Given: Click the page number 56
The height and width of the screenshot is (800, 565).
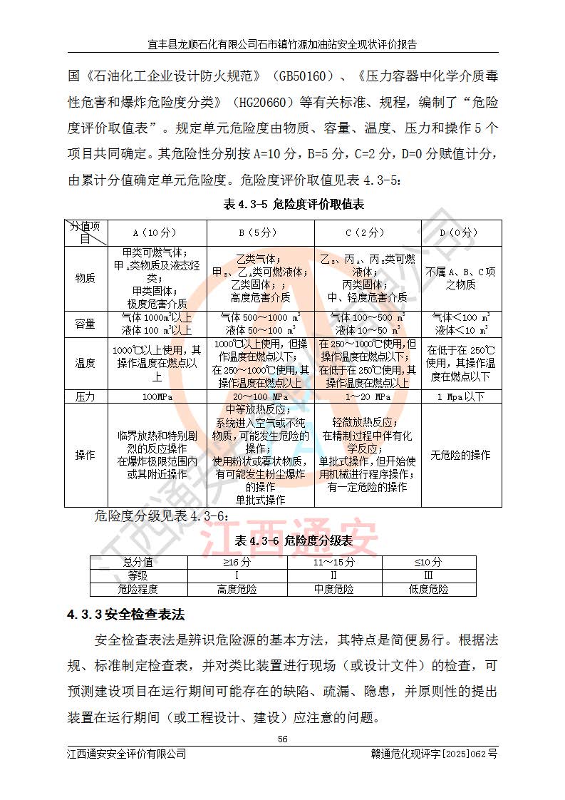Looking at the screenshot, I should click(x=282, y=739).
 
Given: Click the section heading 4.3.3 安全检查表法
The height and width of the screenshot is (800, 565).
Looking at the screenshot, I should click(x=125, y=613).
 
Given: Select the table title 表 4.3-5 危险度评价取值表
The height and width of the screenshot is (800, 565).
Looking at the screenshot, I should click(x=294, y=205).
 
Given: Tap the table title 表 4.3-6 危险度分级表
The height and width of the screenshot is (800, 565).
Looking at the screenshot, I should click(x=294, y=541).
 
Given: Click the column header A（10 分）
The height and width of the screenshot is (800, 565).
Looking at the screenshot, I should click(x=155, y=232).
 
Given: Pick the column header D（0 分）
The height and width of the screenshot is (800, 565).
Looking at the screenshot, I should click(x=460, y=232).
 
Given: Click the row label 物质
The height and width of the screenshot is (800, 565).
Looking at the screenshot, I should click(x=85, y=279).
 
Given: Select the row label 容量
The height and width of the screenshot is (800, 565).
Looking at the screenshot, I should click(x=85, y=324).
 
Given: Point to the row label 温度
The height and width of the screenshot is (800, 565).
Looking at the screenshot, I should click(x=85, y=363).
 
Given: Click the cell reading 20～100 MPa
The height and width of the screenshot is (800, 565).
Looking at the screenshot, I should click(x=260, y=396).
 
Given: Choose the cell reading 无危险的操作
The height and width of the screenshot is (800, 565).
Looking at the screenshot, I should click(x=460, y=455).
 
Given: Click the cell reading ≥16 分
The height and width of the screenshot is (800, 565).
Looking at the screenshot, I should click(x=237, y=563).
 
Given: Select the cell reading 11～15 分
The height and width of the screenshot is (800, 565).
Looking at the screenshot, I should click(x=334, y=563).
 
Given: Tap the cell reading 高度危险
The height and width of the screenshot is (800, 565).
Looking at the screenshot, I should click(x=237, y=589).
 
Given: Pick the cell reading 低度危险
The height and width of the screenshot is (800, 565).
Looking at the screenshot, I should click(x=429, y=589).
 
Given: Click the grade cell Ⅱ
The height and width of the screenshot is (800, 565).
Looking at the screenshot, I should click(x=334, y=575).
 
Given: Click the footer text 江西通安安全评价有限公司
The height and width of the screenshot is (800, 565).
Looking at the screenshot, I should click(x=127, y=754).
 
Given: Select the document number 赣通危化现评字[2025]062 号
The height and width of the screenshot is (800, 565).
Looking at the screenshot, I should click(x=434, y=754).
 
